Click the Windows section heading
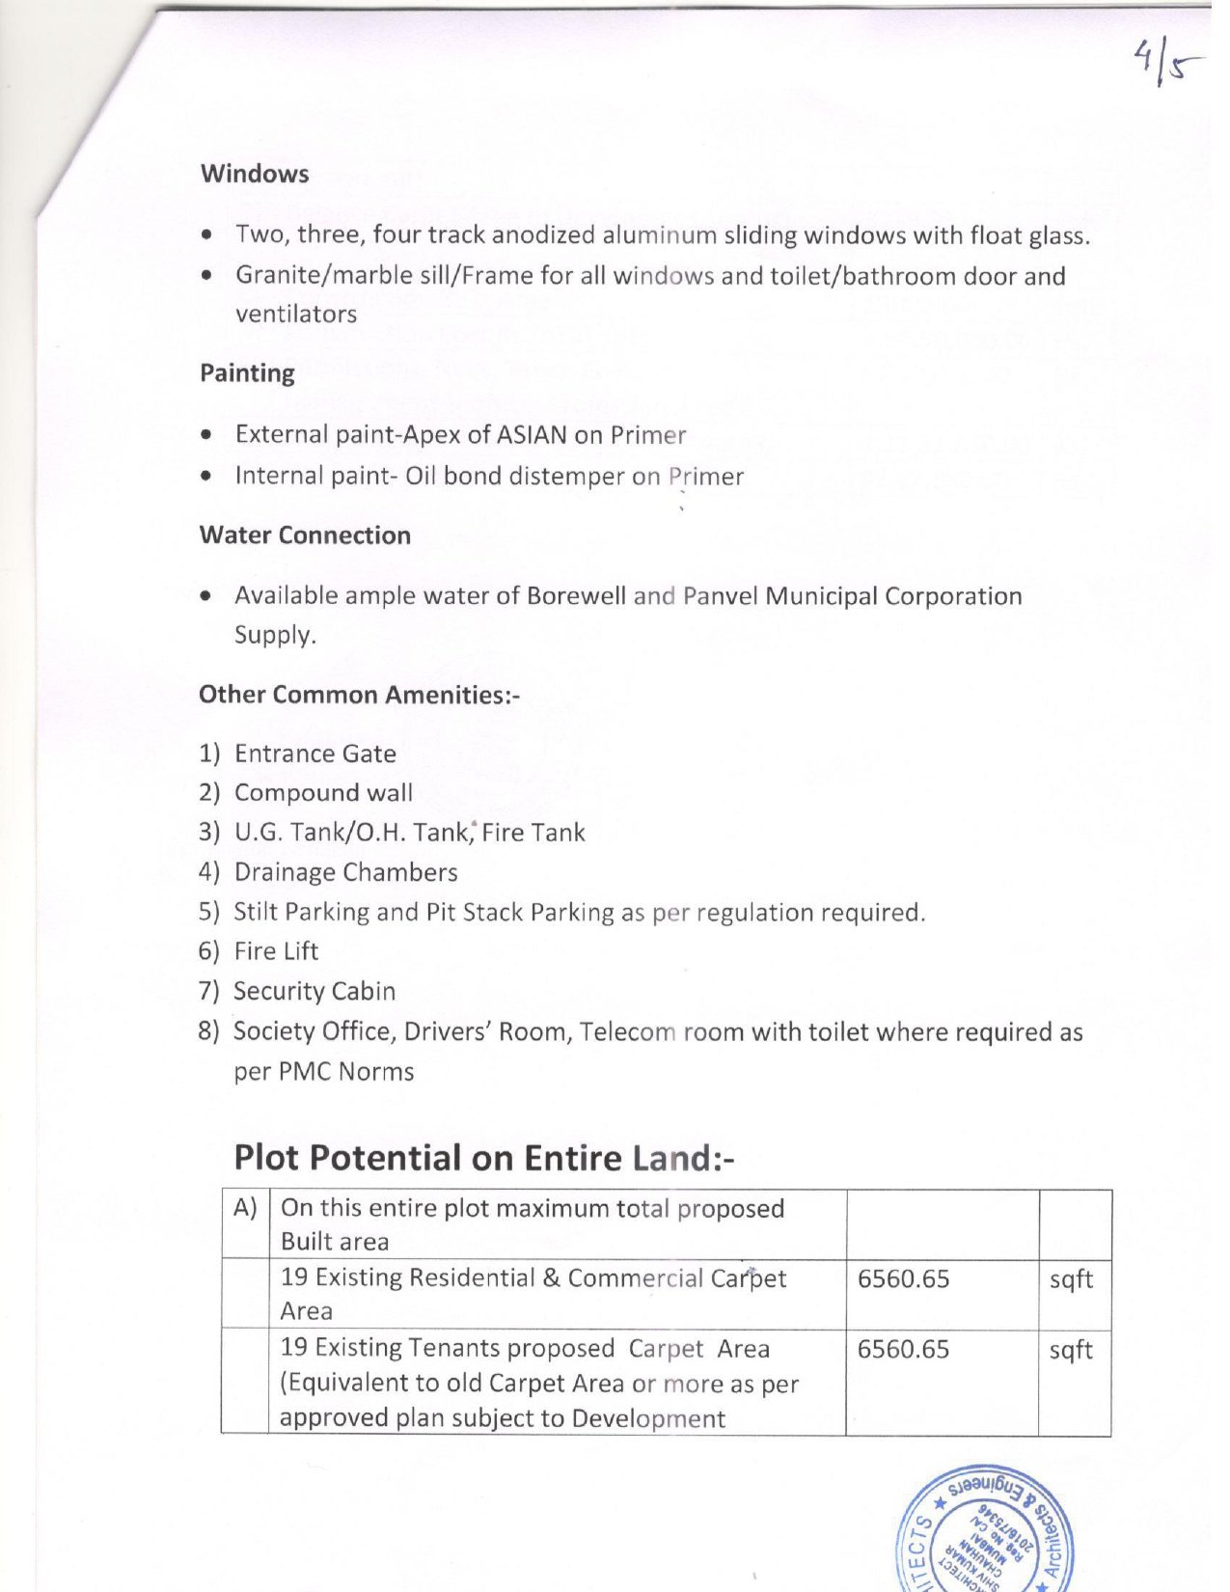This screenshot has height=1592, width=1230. coord(255,174)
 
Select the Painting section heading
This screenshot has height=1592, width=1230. coord(247,372)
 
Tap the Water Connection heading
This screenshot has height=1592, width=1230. coord(305,535)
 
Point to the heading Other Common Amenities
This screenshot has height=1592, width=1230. coord(359,695)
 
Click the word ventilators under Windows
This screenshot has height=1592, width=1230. coord(296,315)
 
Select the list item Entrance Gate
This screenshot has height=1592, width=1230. coord(314,754)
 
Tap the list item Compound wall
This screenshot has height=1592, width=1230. coord(323,793)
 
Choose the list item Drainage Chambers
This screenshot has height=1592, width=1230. coord(345,872)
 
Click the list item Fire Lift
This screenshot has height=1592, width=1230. coord(276,951)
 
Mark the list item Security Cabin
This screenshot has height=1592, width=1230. coord(314,991)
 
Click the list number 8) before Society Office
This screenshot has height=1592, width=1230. coord(209,1031)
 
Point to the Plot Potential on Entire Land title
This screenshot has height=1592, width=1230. coord(483,1158)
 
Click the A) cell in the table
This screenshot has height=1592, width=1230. coord(245,1209)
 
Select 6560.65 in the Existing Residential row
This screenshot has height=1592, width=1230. coord(903,1279)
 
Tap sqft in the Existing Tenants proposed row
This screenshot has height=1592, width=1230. coord(1071,1349)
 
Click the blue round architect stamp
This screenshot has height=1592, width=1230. coord(985,1534)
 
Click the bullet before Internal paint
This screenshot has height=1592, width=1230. coord(206,476)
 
